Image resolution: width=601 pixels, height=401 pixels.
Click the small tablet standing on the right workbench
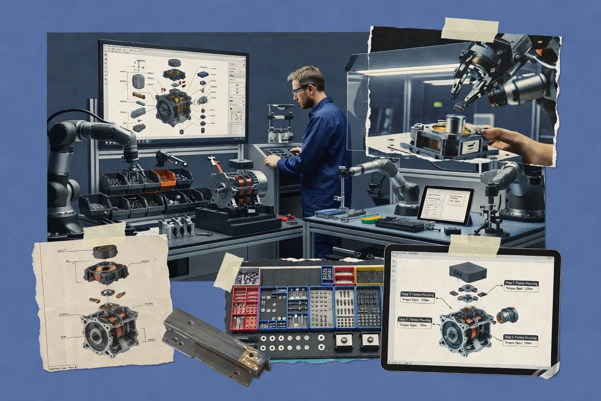(445, 205)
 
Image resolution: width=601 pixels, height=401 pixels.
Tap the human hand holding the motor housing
(519, 144)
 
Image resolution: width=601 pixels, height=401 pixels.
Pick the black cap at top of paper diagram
(104, 252)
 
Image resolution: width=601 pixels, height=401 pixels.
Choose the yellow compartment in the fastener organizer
(369, 275)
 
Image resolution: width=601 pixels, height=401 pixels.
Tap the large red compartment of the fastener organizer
(244, 308)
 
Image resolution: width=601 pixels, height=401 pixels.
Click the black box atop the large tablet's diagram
(467, 272)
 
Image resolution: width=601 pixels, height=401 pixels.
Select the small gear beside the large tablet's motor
(506, 316)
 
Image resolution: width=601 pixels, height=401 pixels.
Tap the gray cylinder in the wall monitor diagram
(138, 81)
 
